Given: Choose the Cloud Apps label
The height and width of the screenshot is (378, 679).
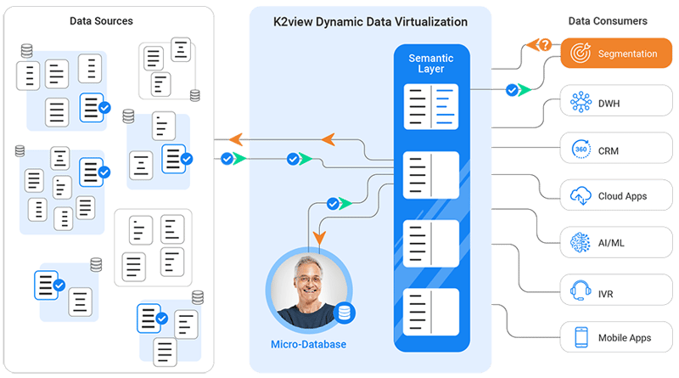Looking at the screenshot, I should pyautogui.click(x=622, y=196).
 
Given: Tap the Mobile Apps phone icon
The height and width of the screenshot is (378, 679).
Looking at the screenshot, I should pyautogui.click(x=581, y=337).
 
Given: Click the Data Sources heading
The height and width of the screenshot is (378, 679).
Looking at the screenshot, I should pyautogui.click(x=101, y=20).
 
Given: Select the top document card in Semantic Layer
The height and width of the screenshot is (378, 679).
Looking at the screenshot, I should pyautogui.click(x=431, y=106).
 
